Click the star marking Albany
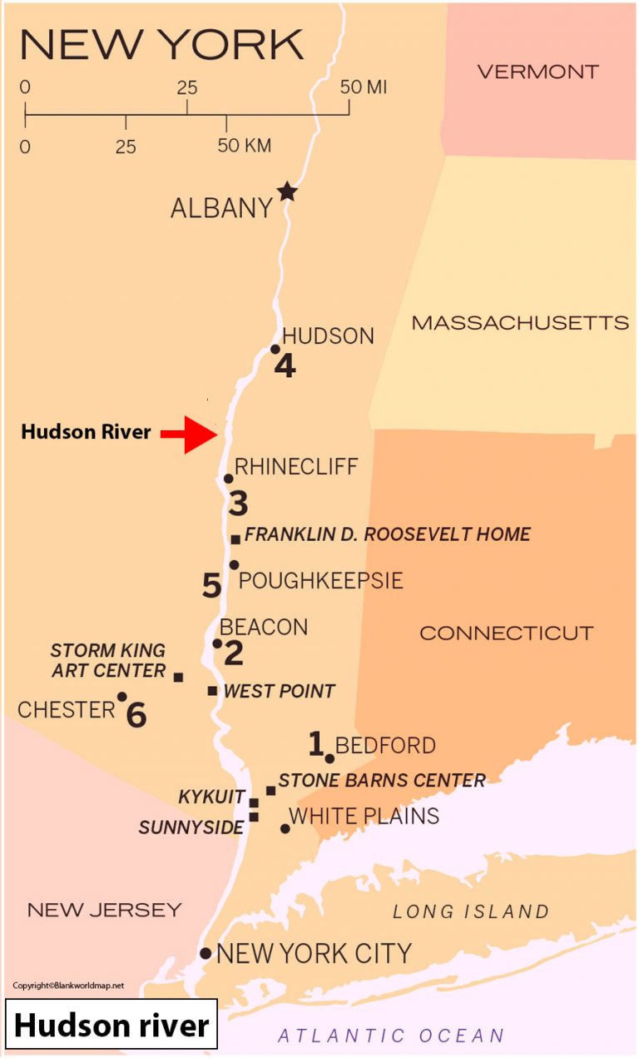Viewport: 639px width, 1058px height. pyautogui.click(x=287, y=191)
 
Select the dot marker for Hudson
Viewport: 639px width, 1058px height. pyautogui.click(x=275, y=349)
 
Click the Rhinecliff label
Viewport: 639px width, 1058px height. pyautogui.click(x=296, y=467)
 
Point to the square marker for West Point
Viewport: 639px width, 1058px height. pyautogui.click(x=213, y=691)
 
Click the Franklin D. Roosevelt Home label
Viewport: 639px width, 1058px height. pyautogui.click(x=388, y=534)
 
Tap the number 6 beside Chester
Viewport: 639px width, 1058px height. pyautogui.click(x=136, y=714)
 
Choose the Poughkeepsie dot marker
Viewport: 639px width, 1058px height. pyautogui.click(x=235, y=565)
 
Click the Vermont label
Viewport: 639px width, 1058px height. pyautogui.click(x=537, y=72)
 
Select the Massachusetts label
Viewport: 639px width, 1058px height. pyautogui.click(x=520, y=323)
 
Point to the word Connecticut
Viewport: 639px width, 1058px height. pyautogui.click(x=506, y=633)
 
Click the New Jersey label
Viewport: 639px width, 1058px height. pyautogui.click(x=105, y=910)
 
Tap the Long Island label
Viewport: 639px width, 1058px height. pyautogui.click(x=471, y=911)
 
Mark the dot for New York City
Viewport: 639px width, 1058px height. pyautogui.click(x=206, y=953)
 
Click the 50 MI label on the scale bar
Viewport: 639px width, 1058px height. pyautogui.click(x=364, y=87)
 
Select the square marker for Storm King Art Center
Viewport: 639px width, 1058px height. pyautogui.click(x=178, y=677)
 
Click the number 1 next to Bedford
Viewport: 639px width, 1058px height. pyautogui.click(x=315, y=743)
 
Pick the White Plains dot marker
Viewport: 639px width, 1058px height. pyautogui.click(x=285, y=828)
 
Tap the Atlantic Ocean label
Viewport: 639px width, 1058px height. pyautogui.click(x=391, y=1036)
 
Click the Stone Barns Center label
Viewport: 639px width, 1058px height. pyautogui.click(x=382, y=781)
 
